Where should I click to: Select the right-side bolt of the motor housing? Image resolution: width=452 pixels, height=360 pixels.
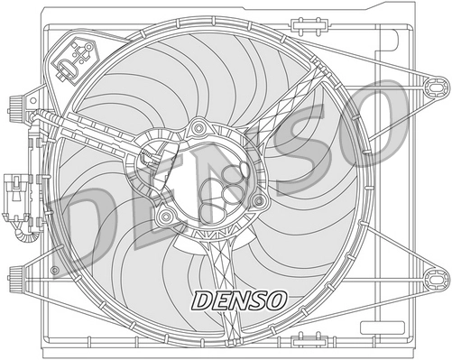pos(259,199)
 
